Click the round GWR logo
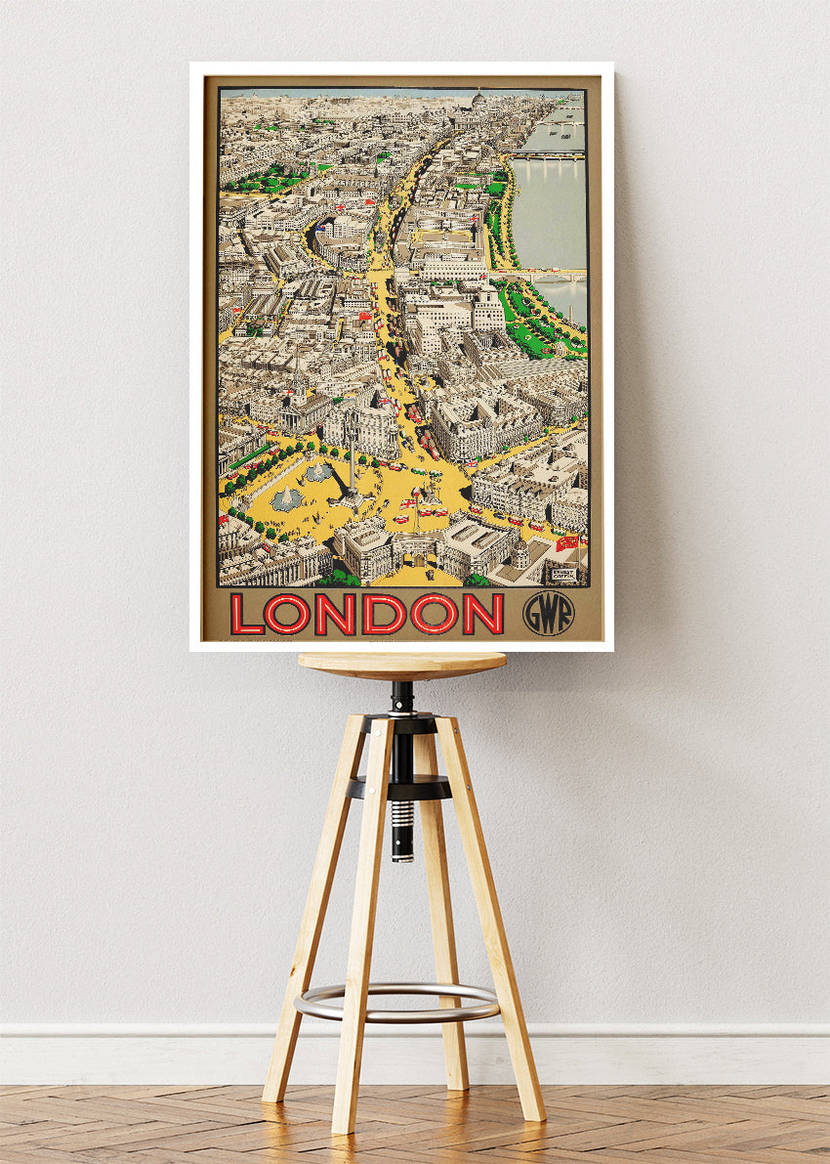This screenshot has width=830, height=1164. (548, 614)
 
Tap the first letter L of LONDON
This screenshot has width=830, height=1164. (247, 615)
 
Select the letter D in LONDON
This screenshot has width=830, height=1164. (383, 615)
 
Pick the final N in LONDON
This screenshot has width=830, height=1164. (482, 615)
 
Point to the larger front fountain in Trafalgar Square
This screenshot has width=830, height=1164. (286, 499)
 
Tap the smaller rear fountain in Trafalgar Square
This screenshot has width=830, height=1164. (318, 472)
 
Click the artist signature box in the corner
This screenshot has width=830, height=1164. (564, 576)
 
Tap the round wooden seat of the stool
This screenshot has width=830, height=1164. (402, 665)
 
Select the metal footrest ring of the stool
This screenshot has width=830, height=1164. (396, 1003)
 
